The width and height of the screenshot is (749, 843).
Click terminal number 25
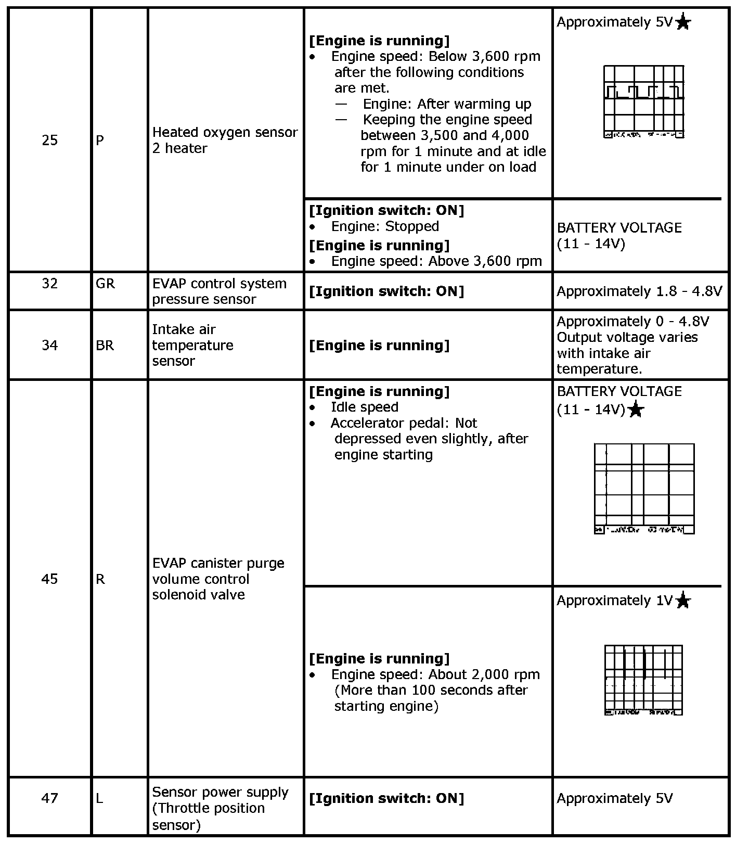(x=49, y=140)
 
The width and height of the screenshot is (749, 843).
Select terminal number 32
(x=49, y=284)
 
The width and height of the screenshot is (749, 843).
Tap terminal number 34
(x=49, y=346)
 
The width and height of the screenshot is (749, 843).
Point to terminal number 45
(x=49, y=579)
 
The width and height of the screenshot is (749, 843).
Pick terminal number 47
(x=49, y=798)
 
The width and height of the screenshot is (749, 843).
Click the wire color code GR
(x=105, y=284)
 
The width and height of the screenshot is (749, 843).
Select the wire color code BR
(x=105, y=346)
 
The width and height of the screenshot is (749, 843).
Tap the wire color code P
(x=100, y=140)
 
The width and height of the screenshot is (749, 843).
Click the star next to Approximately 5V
(x=683, y=22)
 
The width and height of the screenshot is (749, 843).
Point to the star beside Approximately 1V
(x=683, y=601)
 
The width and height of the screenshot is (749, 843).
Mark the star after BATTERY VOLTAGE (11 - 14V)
(x=636, y=410)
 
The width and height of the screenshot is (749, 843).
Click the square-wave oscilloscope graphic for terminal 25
(x=644, y=101)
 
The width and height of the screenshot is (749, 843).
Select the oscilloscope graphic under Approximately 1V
(x=644, y=680)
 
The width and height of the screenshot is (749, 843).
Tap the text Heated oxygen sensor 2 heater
(x=225, y=140)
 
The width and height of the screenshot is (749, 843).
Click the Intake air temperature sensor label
(x=192, y=346)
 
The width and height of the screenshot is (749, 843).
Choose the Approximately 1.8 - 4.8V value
(x=639, y=291)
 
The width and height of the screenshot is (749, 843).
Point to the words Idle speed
(x=365, y=407)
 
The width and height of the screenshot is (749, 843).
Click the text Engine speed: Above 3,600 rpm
(x=436, y=261)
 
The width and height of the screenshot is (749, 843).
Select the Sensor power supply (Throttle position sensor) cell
(x=220, y=808)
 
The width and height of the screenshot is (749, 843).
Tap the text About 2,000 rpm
(x=484, y=675)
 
